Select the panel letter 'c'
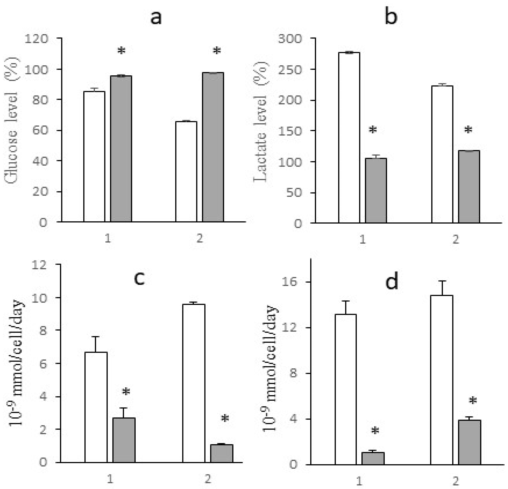coord(139,279)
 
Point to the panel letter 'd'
coord(391,282)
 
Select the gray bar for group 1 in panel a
coord(121,149)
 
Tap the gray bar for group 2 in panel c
coord(222,453)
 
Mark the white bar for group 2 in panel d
coord(442,380)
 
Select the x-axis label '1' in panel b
coord(363,239)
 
